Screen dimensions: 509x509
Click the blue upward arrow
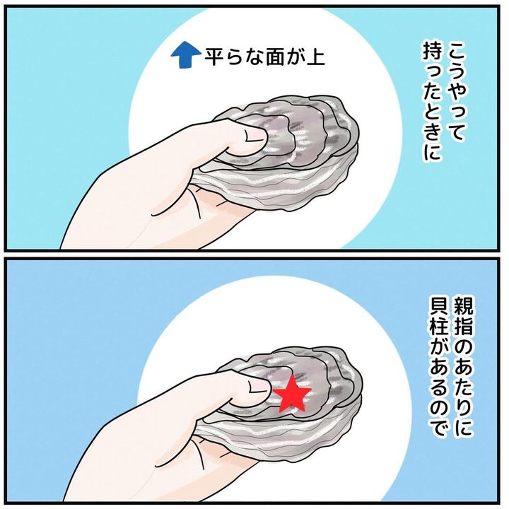pos(185,56)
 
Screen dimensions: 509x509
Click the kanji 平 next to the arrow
pos(215,57)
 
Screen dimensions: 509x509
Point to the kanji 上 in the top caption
pos(314,57)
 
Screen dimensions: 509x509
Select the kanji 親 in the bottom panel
pos(461,305)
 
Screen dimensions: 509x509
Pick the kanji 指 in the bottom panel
pos(461,327)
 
